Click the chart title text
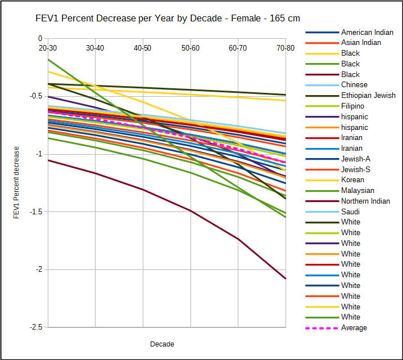coord(160,19)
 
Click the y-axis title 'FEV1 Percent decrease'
coord(16,182)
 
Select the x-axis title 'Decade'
coord(162,344)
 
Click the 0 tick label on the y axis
coord(40,39)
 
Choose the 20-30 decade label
coord(48,48)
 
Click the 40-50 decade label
coord(143,48)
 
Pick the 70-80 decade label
coord(285,48)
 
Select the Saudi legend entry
coord(350,212)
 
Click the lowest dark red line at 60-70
coord(238,239)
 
